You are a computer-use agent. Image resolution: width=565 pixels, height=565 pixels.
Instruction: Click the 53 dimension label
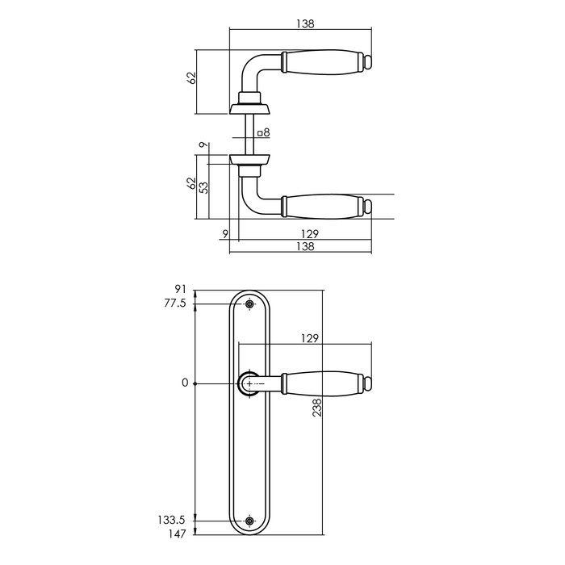tap(204, 187)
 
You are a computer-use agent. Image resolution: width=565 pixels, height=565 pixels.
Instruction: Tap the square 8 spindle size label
tap(264, 132)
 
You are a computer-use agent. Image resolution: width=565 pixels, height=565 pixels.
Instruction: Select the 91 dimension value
tap(181, 289)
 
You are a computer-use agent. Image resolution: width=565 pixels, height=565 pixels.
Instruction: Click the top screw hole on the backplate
tap(249, 304)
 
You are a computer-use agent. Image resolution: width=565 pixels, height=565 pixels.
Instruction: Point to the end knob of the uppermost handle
tap(367, 61)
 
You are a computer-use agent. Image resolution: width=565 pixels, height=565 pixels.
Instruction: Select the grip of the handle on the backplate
tap(320, 383)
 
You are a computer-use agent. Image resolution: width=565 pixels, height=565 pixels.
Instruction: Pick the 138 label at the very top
tap(303, 23)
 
